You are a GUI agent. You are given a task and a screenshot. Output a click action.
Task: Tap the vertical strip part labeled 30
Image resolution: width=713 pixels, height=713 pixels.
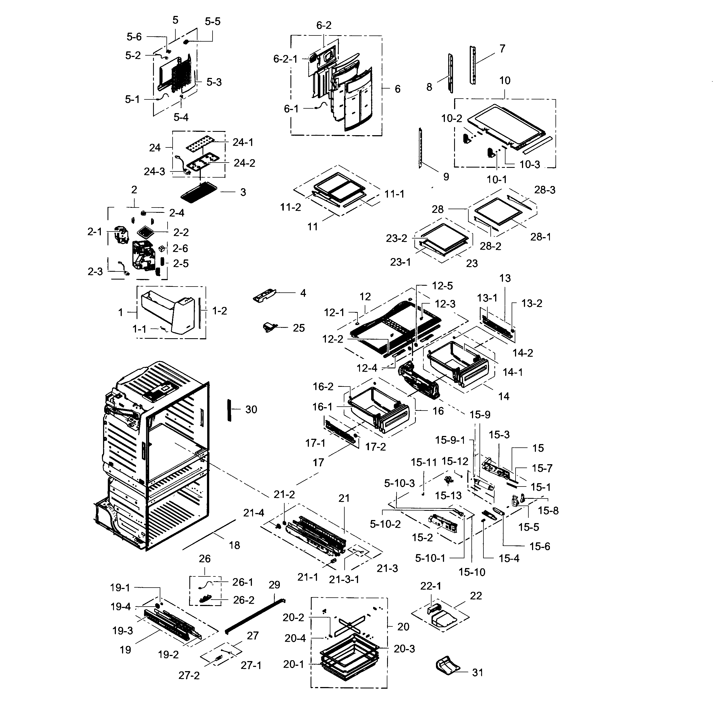[229, 410]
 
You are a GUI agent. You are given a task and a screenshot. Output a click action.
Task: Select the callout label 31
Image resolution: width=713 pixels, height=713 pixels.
[478, 673]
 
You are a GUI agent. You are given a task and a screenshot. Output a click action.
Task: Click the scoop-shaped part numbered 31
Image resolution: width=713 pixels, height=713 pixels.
[449, 666]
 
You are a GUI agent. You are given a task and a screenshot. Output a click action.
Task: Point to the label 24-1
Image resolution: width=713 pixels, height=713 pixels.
[243, 142]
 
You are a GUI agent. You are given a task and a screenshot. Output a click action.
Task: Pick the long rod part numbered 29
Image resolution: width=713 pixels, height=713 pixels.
[255, 616]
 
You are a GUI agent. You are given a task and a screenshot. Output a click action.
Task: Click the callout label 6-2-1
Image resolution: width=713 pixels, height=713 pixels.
[285, 59]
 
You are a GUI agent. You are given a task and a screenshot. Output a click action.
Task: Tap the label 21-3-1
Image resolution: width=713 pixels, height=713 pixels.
[344, 580]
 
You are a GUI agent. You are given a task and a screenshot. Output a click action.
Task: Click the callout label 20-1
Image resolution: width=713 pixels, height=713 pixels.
[294, 664]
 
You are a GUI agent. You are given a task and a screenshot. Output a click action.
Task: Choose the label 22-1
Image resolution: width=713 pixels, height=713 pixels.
[431, 586]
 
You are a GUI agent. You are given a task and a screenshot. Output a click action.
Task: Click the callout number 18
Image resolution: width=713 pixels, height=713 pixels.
[234, 545]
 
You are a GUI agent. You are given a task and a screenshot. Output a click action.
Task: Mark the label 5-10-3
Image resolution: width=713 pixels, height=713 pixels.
[399, 483]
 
